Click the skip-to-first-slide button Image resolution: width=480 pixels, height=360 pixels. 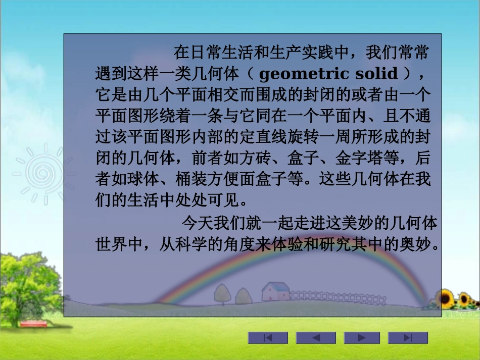(268, 338)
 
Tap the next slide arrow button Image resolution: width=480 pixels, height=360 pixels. (362, 338)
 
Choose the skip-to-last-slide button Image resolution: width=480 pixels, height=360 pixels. (408, 338)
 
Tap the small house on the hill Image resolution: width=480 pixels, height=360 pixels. (275, 291)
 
